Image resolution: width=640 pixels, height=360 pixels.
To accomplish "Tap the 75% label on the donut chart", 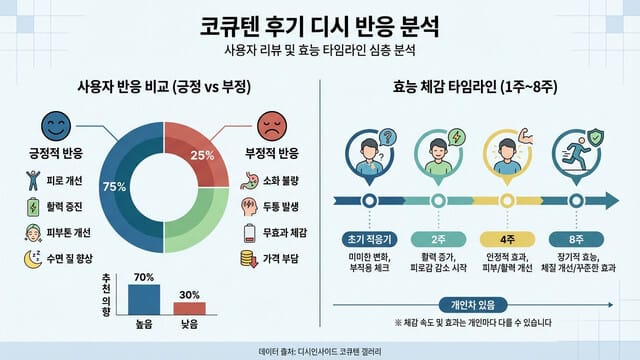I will coord(114,186).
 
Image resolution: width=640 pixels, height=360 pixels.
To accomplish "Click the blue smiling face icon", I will coord(54,127).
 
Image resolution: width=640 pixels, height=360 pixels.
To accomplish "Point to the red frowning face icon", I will coord(271,127).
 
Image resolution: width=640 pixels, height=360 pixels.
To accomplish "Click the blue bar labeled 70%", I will coord(143,299).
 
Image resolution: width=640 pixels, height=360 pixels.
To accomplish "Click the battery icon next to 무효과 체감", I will coord(251,232).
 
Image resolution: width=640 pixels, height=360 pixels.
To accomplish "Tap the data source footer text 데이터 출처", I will coord(320,350).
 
